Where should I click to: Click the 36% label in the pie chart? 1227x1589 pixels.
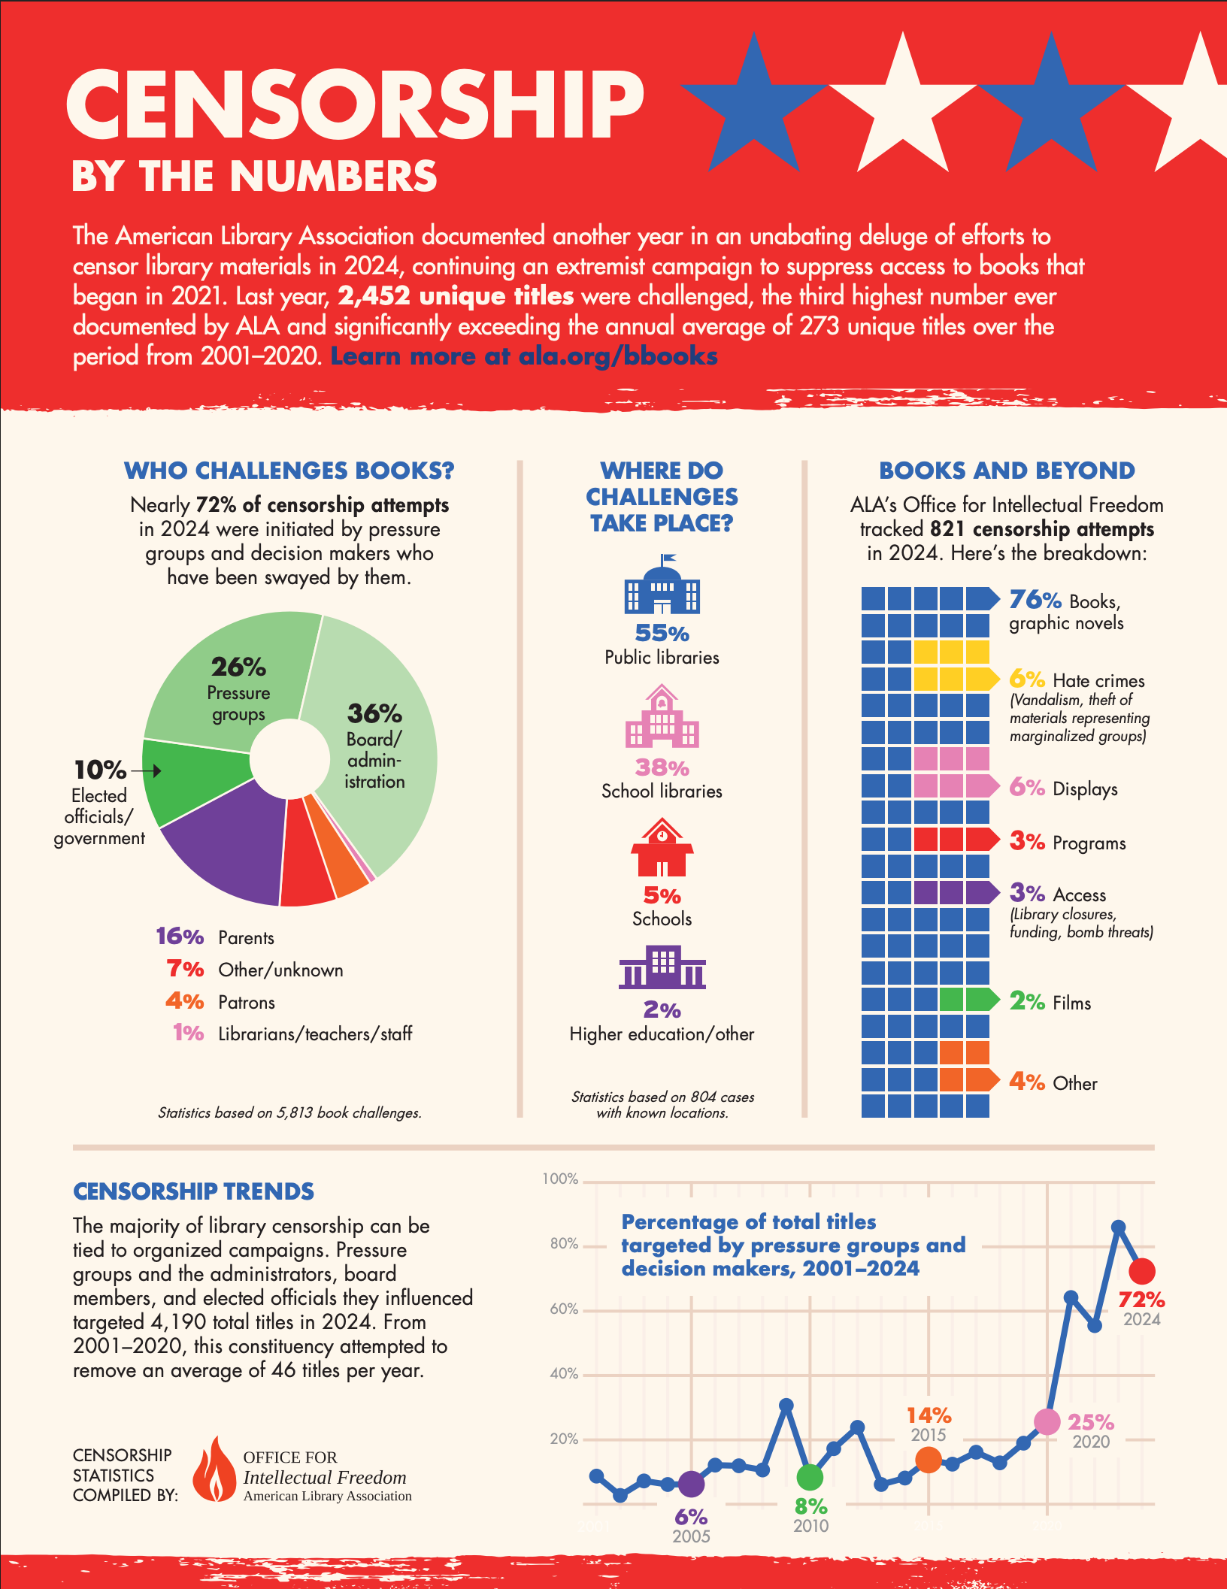coord(374,713)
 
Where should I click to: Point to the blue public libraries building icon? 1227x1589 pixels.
coord(662,586)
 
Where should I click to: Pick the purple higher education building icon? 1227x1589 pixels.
coord(662,967)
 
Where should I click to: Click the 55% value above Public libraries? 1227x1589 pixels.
coord(662,633)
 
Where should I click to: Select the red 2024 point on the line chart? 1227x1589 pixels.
coord(1142,1271)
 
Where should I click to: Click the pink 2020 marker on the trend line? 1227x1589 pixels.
coord(1047,1421)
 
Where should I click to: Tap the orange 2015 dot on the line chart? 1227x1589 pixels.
coord(929,1460)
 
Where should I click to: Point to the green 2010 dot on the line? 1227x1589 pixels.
coord(810,1477)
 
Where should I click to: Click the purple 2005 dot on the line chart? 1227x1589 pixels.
coord(691,1484)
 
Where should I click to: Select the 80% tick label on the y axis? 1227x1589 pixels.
coord(564,1244)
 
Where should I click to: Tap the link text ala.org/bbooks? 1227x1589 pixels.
coord(618,356)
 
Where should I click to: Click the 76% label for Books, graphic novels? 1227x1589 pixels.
coord(1035,600)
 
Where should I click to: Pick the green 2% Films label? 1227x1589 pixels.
coord(1027,1001)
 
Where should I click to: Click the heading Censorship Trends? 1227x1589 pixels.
coord(193,1191)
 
